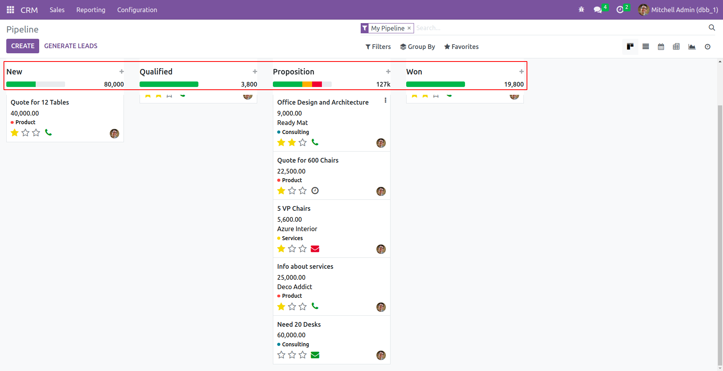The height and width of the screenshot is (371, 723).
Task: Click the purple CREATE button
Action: (23, 46)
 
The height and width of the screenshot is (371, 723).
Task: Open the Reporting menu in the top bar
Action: (91, 10)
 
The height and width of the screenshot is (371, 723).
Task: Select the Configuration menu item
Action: (137, 10)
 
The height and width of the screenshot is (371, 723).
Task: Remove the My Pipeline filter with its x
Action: (409, 28)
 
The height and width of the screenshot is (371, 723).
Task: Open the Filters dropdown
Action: (378, 47)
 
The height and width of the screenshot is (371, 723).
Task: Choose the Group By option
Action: (418, 47)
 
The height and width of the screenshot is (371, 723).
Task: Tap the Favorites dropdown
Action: (461, 47)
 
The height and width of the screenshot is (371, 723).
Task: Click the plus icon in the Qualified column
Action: (255, 72)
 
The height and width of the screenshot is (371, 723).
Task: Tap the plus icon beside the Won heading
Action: (521, 72)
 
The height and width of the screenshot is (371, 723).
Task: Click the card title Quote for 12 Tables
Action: (40, 102)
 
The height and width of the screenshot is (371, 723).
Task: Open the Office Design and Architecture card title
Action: (323, 102)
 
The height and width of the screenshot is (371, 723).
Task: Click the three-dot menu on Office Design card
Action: (385, 100)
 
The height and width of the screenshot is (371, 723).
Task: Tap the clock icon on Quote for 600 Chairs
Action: (315, 191)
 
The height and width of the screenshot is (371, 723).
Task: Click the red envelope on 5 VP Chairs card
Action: (315, 249)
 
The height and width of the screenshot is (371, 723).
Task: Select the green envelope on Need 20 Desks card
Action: (315, 355)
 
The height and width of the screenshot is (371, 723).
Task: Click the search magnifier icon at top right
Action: (712, 27)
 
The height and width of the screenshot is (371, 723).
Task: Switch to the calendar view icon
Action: (661, 47)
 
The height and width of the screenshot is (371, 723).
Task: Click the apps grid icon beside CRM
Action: (11, 10)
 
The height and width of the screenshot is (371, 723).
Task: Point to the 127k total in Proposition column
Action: (383, 84)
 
